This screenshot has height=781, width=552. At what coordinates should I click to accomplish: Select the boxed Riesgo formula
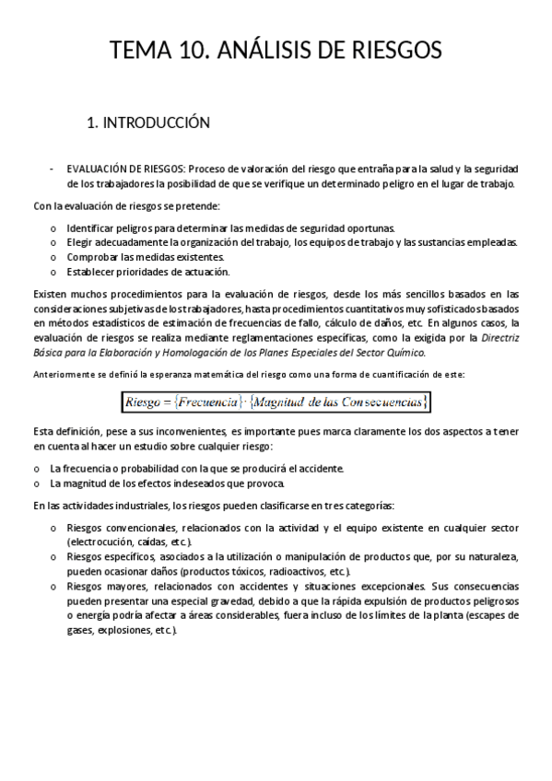coord(276,402)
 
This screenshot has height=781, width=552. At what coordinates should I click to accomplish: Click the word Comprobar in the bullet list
coord(95,257)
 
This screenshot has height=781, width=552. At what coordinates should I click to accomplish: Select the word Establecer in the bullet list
coord(93,272)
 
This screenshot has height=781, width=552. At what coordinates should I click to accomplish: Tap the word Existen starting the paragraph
coord(52,294)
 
